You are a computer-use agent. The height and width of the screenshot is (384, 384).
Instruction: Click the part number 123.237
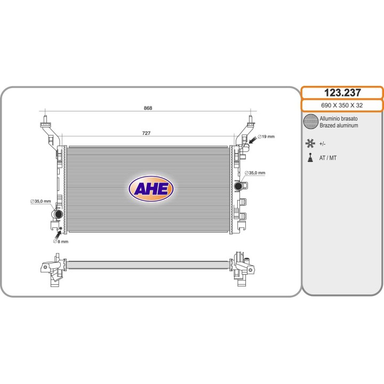(x=342, y=93)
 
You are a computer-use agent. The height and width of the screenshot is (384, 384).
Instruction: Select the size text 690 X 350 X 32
(x=342, y=105)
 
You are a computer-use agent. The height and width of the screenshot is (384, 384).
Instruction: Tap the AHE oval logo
(x=151, y=189)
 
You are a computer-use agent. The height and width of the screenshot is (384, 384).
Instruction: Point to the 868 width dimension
(x=148, y=108)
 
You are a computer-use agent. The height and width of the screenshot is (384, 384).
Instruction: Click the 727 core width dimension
(x=146, y=133)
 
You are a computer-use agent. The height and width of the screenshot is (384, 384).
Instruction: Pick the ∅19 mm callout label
(x=266, y=137)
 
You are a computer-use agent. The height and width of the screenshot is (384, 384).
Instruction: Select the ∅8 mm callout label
(x=61, y=242)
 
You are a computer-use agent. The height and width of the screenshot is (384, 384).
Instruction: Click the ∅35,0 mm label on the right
(x=255, y=173)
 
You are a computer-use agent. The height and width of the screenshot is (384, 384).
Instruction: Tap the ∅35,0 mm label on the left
(x=41, y=201)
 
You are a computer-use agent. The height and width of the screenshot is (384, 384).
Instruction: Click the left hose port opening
(x=59, y=214)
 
